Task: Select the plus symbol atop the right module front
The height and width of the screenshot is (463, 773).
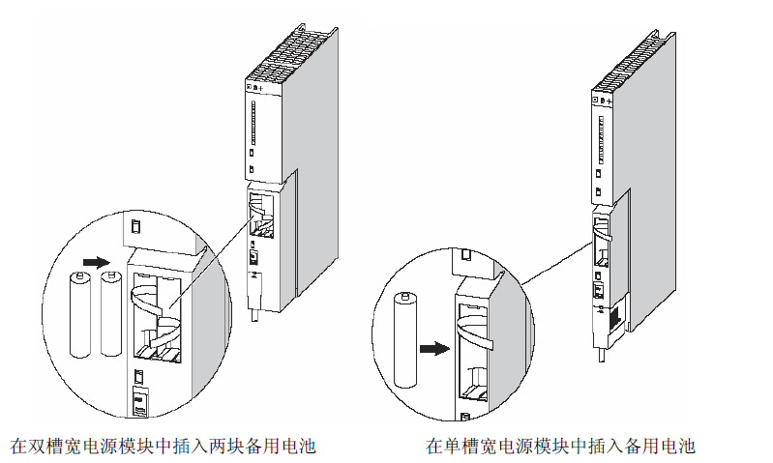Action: point(610,100)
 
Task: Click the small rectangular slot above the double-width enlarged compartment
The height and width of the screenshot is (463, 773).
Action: point(137,228)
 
